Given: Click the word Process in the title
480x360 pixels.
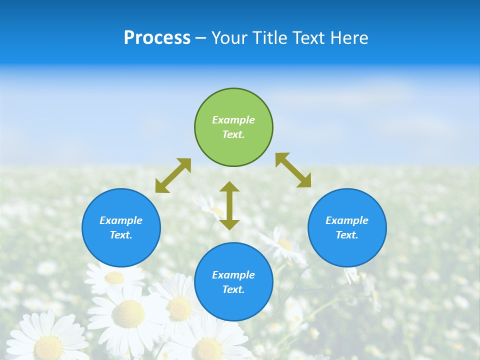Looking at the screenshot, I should click(x=157, y=38).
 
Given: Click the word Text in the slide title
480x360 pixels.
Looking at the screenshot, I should click(x=310, y=38).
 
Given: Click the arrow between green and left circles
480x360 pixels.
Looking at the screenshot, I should click(x=173, y=175).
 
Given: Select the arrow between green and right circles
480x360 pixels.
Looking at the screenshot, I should click(x=293, y=170).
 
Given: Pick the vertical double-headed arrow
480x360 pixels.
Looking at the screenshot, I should click(x=229, y=205).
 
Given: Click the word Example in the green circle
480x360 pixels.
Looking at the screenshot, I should click(x=233, y=120).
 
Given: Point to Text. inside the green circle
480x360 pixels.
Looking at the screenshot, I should click(x=233, y=134).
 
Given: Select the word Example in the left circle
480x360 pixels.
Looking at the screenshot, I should click(x=121, y=220).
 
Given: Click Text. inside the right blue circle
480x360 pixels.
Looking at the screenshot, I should click(x=347, y=235).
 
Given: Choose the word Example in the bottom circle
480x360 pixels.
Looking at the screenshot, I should click(x=233, y=275).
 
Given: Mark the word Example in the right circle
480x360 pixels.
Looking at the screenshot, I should click(x=347, y=220).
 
